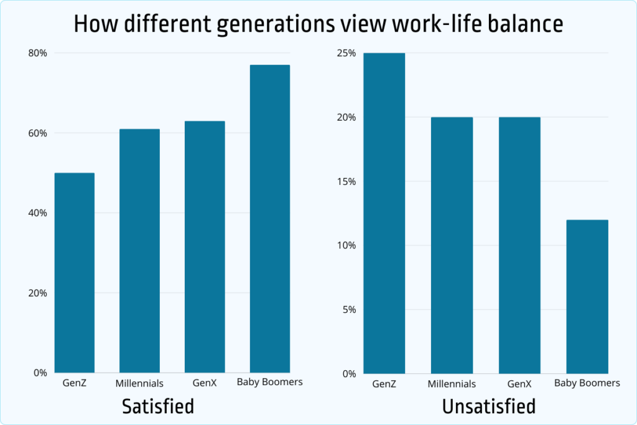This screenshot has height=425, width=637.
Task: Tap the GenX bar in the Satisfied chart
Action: pos(205,247)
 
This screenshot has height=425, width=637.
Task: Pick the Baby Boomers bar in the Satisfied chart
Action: pos(269,218)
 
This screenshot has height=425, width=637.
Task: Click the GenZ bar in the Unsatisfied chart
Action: pos(384,213)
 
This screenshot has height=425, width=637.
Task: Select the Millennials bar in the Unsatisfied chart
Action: pos(452,245)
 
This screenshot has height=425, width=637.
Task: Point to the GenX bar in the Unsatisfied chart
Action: pos(520,245)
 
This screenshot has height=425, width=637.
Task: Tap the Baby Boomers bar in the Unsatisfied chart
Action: pos(588,296)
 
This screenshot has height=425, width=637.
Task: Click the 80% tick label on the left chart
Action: pos(37,53)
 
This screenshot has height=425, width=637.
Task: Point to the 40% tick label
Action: pos(37,213)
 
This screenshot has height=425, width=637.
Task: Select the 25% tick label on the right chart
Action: pos(345,53)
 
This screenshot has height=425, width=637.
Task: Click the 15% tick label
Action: pos(345,182)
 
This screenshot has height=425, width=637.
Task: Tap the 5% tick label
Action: pos(348,309)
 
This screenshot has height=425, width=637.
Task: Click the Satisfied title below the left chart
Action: pos(158,406)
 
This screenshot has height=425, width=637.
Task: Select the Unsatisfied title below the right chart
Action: pos(488,406)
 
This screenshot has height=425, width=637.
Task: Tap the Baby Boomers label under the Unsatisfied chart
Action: pos(587,383)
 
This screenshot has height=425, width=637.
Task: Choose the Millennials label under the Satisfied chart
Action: pos(139,383)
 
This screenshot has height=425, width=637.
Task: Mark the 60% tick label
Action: pos(37,133)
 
